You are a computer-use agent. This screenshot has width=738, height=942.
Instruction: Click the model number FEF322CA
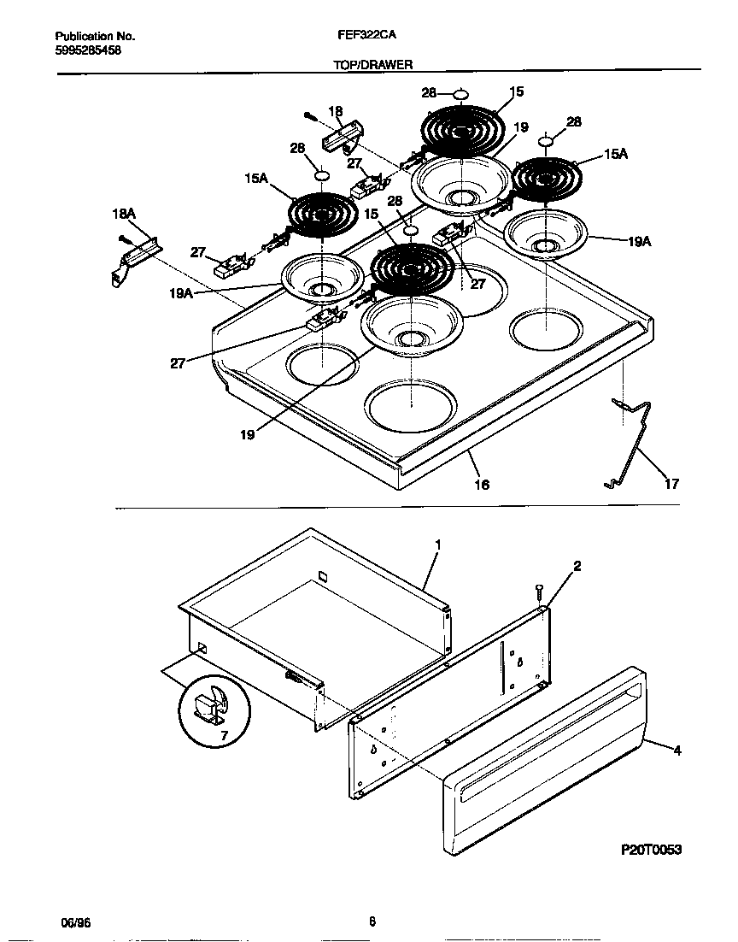[x=366, y=37]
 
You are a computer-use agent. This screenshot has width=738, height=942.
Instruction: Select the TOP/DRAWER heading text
[x=372, y=65]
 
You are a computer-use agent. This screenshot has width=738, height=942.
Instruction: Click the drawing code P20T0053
[x=652, y=851]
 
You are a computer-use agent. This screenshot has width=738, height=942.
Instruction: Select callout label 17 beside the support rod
[x=671, y=485]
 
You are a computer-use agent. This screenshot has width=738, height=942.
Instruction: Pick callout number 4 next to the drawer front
[x=676, y=751]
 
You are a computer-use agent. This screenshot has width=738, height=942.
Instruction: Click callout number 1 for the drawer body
[x=437, y=544]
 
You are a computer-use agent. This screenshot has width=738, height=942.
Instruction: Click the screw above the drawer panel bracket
[x=538, y=591]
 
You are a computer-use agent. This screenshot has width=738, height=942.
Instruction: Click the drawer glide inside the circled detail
[x=207, y=706]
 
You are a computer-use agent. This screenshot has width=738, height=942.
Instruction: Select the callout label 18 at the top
[x=335, y=110]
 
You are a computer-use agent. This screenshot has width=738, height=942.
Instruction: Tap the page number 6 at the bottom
[x=372, y=921]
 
